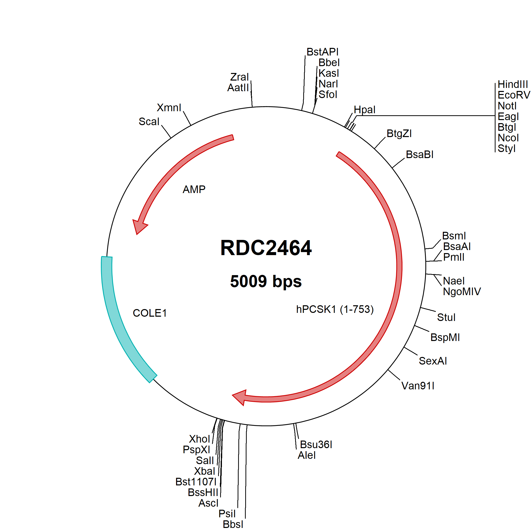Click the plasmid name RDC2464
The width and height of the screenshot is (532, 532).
266,248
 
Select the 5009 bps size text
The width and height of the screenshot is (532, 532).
266,281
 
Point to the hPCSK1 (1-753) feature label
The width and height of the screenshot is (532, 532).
335,309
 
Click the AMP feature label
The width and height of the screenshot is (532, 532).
194,189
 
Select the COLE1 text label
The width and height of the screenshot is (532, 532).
150,313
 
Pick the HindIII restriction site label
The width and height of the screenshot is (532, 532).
513,84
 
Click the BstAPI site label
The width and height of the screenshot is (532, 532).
323,52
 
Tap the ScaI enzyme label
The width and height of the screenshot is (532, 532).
149,121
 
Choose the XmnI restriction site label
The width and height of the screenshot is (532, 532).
169,108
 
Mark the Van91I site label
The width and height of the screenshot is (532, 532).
418,386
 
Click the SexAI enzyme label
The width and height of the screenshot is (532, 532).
433,361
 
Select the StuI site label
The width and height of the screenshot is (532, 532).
446,317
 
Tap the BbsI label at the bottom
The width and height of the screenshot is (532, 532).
233,524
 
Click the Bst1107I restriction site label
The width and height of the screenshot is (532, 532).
196,482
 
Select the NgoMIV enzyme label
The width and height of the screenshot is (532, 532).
462,291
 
